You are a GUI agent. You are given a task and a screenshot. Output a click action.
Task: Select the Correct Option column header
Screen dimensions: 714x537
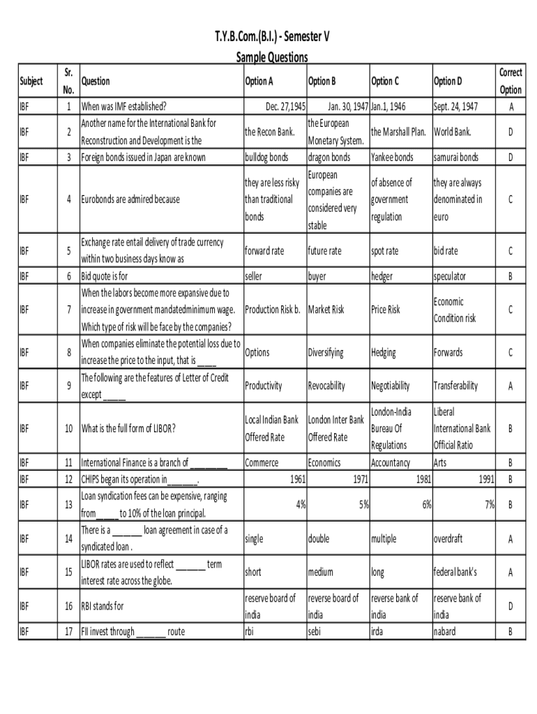[510, 81]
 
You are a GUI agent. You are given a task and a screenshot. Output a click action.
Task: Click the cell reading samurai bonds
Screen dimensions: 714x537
[455, 157]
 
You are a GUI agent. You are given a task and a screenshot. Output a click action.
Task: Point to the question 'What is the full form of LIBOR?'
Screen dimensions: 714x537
[128, 428]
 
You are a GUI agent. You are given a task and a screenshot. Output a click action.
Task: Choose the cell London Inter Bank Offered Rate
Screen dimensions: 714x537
[336, 428]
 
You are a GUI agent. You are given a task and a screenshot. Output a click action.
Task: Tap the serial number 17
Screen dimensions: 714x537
[68, 632]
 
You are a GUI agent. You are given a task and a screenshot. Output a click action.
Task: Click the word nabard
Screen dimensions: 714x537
[444, 632]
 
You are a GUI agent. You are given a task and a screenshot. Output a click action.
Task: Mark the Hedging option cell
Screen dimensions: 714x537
[387, 352]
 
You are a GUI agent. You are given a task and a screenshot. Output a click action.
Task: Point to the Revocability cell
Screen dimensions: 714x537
[326, 386]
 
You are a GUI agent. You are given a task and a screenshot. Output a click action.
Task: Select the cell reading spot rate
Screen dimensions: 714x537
[385, 250]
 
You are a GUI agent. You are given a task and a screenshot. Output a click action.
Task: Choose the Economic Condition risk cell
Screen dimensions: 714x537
[454, 310]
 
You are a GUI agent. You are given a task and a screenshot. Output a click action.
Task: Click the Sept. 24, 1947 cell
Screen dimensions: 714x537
[455, 107]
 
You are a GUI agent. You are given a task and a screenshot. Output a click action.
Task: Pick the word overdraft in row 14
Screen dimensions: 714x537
[448, 538]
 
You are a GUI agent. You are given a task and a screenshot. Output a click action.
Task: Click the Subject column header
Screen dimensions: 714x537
[32, 81]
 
